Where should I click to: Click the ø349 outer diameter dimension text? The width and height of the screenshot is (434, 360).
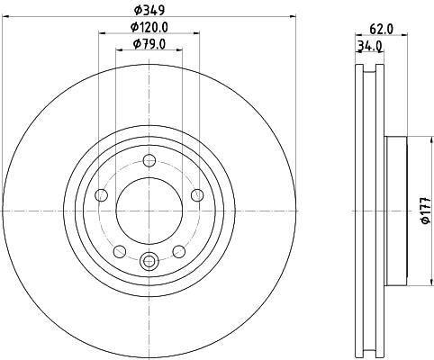click(150, 12)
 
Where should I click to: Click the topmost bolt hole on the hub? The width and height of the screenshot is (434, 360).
click(150, 161)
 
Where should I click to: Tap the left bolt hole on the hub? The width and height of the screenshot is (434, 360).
click(102, 195)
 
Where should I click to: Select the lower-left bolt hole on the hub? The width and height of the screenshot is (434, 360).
click(120, 251)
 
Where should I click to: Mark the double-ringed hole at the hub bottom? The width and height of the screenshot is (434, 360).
click(150, 262)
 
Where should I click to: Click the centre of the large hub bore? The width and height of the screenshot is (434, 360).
click(150, 211)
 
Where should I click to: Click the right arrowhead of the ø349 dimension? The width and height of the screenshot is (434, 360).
click(292, 18)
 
